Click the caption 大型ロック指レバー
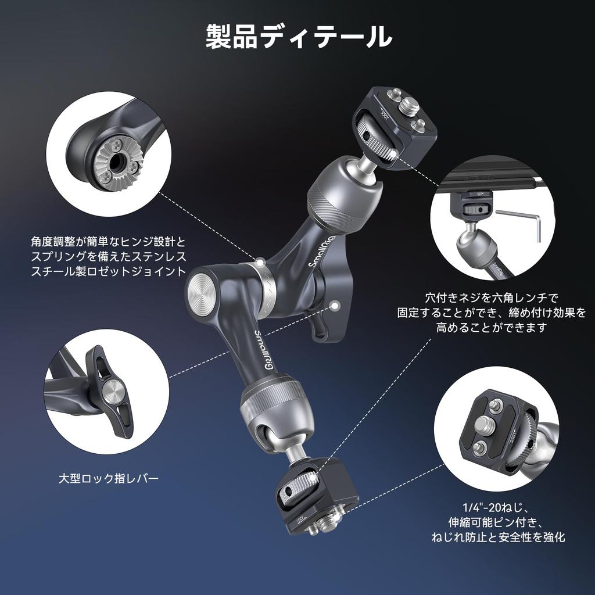point(109,478)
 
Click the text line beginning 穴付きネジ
point(491,299)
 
